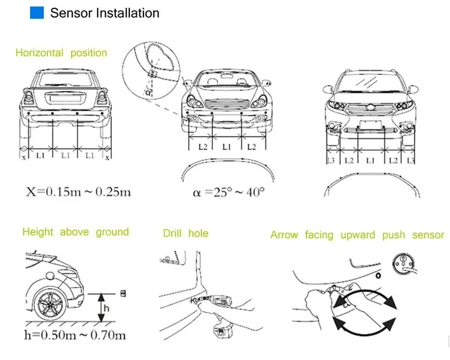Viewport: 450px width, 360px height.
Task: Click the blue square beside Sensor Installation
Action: coord(37,13)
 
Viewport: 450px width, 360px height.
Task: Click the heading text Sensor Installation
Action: coord(105,13)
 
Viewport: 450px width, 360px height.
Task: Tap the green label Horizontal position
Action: coord(61,52)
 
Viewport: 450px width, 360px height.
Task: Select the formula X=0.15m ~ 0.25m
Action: coord(78,192)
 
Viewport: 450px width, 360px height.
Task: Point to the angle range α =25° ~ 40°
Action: coord(229,192)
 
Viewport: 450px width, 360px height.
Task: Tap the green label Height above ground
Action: coord(75,232)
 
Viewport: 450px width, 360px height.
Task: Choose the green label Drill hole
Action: coord(186,233)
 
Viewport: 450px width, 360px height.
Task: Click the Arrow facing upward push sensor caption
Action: coord(357,235)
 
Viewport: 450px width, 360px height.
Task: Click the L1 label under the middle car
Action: coord(227,147)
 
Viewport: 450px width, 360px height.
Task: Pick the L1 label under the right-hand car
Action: coord(370,160)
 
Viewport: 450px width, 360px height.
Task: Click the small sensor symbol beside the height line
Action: coord(123,293)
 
